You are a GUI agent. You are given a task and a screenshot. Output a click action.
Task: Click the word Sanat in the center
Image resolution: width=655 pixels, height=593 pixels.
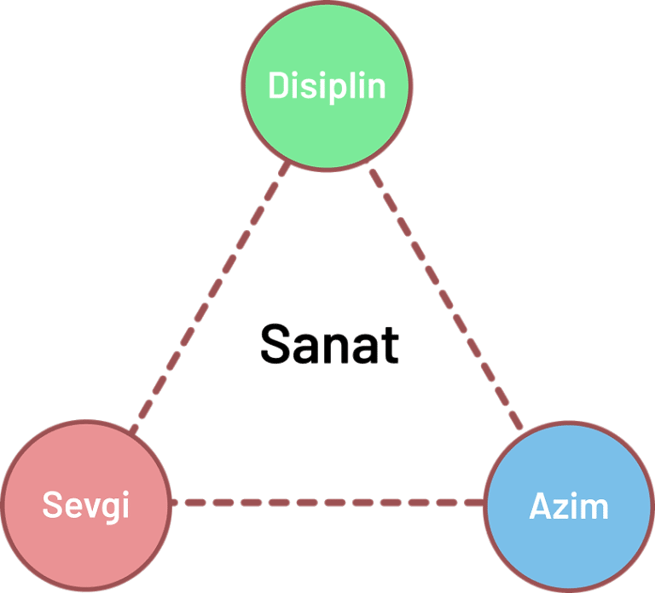(328, 344)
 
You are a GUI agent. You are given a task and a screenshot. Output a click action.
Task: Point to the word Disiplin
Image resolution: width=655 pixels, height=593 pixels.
(327, 85)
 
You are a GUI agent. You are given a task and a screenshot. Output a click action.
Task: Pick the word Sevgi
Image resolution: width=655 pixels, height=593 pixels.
(85, 504)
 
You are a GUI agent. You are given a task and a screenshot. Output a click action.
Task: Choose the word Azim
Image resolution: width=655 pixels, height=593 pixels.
(569, 506)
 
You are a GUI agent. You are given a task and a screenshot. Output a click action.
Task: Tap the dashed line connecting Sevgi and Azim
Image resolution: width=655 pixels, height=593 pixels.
(328, 503)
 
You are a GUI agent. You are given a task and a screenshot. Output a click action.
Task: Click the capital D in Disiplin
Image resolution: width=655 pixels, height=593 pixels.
(278, 85)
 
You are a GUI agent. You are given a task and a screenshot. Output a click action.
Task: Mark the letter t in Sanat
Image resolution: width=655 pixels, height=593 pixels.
(390, 344)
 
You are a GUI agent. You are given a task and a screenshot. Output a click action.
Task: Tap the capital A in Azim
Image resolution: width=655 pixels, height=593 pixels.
(540, 506)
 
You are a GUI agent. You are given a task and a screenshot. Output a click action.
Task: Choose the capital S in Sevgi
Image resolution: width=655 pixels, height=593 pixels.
(52, 504)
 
